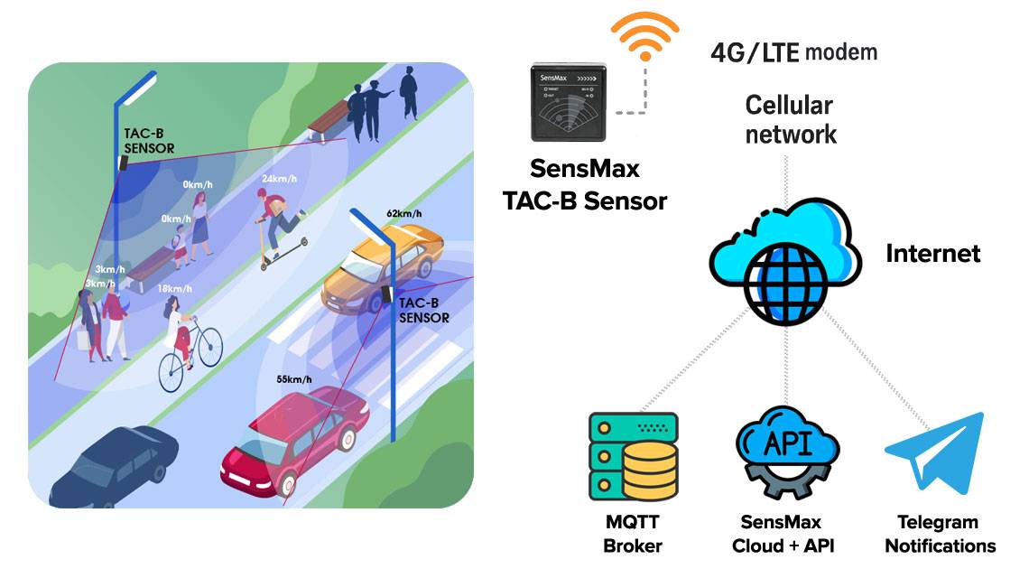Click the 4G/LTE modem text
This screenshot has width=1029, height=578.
point(793,51)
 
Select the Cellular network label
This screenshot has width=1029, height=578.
point(791,120)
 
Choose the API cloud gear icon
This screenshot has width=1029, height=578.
point(782,451)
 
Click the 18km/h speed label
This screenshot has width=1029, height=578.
point(176,288)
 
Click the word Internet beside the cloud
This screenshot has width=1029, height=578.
point(932,254)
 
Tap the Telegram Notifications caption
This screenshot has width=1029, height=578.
point(939,534)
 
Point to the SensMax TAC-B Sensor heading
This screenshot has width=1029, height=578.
point(585,184)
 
